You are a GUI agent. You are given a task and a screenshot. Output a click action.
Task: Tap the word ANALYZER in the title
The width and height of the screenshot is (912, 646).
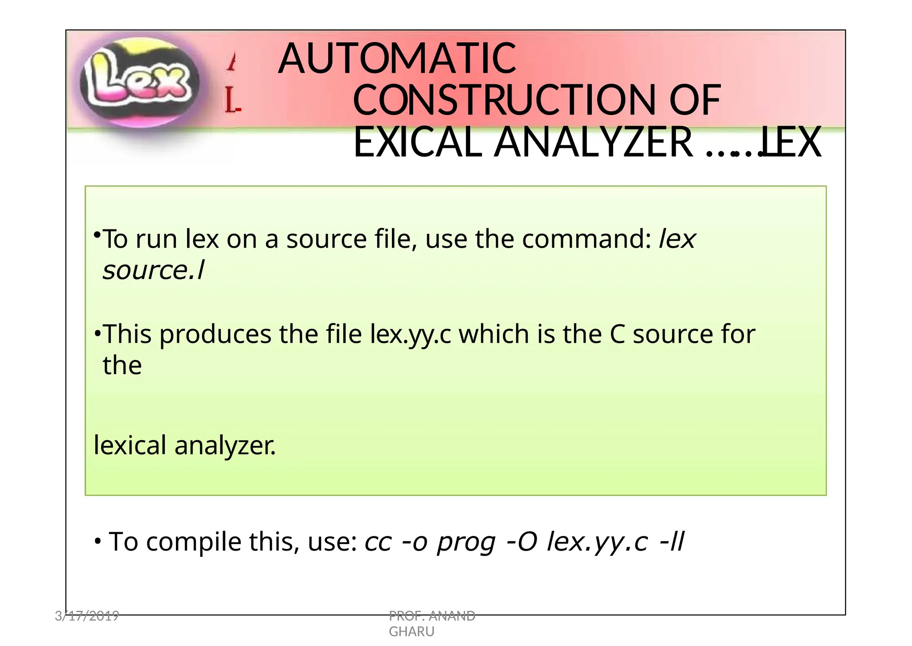coord(594,143)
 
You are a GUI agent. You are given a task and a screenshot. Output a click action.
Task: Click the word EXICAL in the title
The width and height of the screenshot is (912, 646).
coord(418,143)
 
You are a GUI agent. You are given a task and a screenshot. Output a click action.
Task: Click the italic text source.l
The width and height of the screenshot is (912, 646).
coord(153,270)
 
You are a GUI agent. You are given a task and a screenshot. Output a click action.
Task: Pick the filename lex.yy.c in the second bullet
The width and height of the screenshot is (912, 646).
coord(410,334)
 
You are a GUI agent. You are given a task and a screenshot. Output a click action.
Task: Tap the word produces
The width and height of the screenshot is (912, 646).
coord(215,335)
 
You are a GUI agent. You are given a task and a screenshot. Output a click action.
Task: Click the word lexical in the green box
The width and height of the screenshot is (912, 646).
coord(130,445)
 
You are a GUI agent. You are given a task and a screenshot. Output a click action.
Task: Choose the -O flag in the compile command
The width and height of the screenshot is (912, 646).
coord(522,542)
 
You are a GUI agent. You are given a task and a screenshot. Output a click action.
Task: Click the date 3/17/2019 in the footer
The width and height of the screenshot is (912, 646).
coord(87,616)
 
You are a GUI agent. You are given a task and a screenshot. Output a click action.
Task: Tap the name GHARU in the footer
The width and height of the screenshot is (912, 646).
coord(411,632)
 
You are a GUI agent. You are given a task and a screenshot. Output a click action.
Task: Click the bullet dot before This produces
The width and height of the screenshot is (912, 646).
coord(97,333)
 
